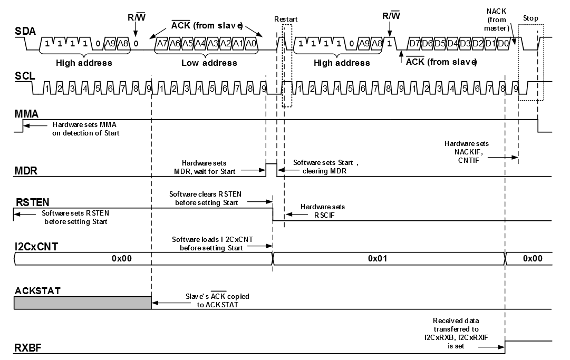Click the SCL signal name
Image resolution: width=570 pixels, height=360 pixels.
click(x=24, y=76)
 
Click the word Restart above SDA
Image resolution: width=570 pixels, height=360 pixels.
click(x=286, y=20)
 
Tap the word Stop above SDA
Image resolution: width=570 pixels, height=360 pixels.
click(x=530, y=18)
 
